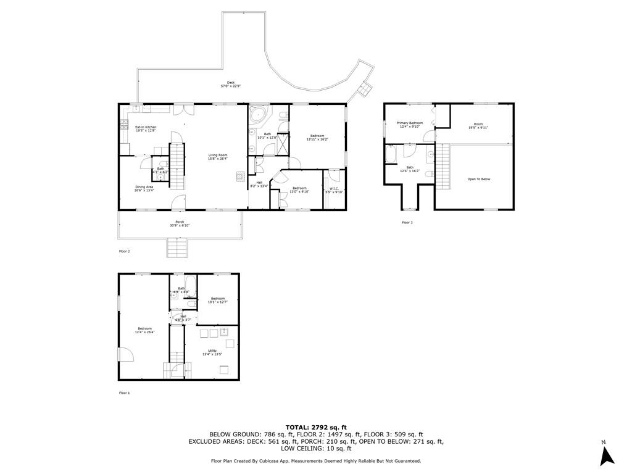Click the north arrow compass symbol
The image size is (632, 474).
tap(607, 455)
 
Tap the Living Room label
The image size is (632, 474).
tap(218, 157)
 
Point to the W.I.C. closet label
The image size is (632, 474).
tap(333, 190)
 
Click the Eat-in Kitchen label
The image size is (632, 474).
tap(146, 128)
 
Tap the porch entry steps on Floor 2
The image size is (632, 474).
tap(177, 248)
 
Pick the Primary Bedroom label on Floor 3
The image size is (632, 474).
tap(410, 125)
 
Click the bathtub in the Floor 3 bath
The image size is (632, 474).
tap(392, 154)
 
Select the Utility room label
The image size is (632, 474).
tap(212, 352)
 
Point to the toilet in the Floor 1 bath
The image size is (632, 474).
tap(191, 304)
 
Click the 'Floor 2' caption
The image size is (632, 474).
tap(124, 251)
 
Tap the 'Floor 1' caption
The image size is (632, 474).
tap(124, 393)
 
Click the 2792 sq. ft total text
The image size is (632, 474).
tap(315, 427)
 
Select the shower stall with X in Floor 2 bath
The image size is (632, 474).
tap(283, 143)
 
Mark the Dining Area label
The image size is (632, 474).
tap(144, 188)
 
